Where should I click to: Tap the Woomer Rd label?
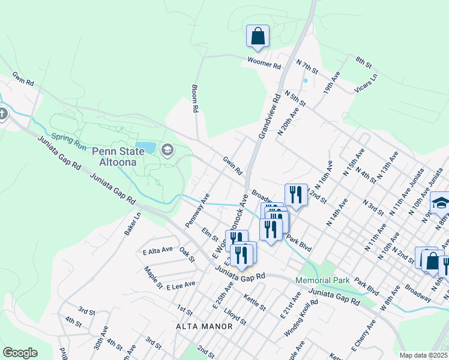264,62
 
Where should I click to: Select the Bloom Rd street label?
194,99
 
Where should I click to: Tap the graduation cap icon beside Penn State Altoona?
167,149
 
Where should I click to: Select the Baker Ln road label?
133,223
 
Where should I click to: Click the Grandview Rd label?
269,116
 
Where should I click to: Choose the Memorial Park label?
322,280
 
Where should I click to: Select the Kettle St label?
255,298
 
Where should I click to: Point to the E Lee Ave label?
181,284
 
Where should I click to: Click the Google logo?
20,352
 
